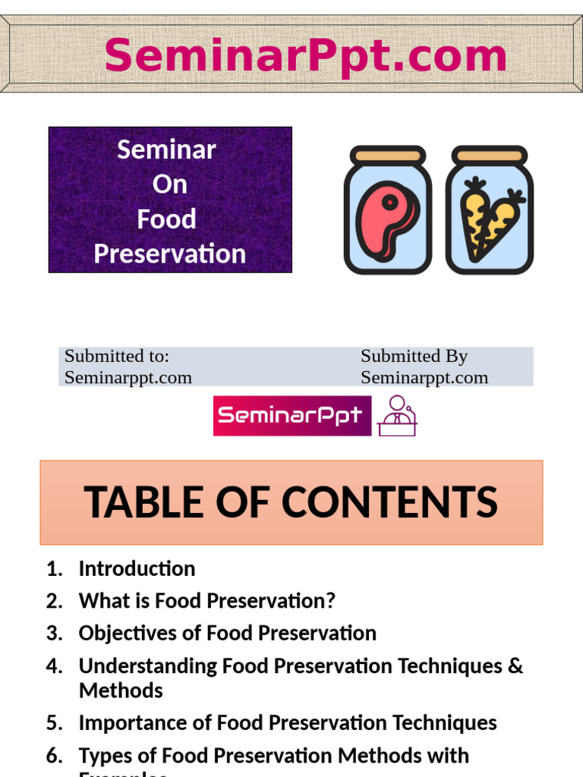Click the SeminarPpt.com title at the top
[305, 56]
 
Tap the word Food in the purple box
[166, 219]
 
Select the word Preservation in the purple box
[169, 253]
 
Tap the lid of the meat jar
[388, 156]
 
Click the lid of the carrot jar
[489, 156]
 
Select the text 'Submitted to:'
[116, 356]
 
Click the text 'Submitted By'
[414, 356]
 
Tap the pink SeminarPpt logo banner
[292, 416]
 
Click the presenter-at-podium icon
[397, 416]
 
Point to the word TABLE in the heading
[135, 502]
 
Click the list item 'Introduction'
[137, 568]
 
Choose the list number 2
[53, 601]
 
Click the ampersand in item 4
[516, 665]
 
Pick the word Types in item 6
[101, 755]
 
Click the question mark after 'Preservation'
[329, 601]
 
